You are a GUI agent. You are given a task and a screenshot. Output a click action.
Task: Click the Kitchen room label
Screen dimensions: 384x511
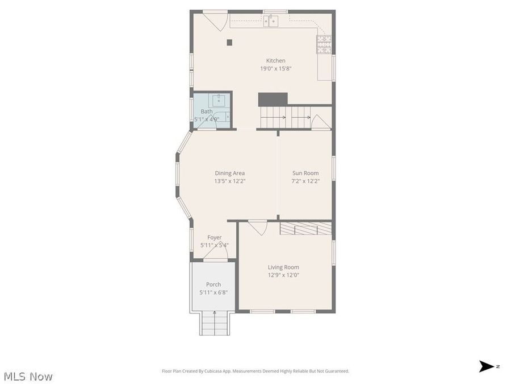[276, 61]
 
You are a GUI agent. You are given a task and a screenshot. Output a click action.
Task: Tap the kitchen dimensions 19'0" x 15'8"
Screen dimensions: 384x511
[276, 69]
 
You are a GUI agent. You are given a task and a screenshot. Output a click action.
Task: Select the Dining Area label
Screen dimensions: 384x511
[229, 173]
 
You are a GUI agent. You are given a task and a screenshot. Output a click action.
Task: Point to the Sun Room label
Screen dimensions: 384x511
[305, 173]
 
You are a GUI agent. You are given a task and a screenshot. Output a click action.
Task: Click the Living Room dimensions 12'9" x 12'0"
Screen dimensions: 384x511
[283, 275]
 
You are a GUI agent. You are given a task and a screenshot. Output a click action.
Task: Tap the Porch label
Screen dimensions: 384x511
[213, 284]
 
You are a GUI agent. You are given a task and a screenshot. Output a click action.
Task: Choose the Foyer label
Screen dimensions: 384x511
[214, 237]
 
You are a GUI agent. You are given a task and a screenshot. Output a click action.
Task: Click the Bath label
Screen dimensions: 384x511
[206, 112]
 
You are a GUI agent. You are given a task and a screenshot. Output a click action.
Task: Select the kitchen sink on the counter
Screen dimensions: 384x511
[271, 21]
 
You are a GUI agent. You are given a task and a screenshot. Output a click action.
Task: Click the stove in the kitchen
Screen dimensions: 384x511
[324, 44]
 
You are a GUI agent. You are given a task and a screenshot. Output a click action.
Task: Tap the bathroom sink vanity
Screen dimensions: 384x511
[219, 101]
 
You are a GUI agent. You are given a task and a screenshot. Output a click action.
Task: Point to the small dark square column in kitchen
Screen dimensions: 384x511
[229, 42]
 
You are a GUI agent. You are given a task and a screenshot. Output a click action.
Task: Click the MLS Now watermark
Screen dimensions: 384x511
[28, 376]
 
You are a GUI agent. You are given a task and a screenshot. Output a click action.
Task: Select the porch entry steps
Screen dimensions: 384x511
[214, 323]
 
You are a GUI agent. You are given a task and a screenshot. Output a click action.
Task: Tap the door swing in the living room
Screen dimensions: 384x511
[258, 228]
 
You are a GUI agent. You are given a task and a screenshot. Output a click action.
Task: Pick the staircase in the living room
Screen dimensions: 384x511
[305, 229]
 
